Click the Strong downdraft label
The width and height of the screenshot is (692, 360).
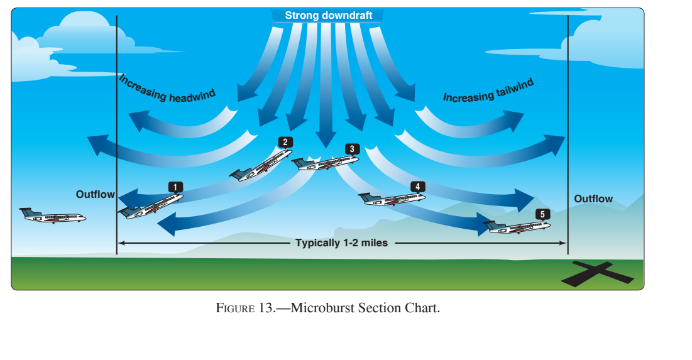[x=328, y=15]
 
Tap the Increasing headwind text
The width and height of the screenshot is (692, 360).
[x=167, y=89]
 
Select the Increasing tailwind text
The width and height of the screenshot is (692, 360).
[x=488, y=91]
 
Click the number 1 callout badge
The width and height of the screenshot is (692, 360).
[x=175, y=187]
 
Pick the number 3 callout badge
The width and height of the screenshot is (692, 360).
[x=351, y=149]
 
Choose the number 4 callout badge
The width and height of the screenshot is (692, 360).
[x=417, y=187]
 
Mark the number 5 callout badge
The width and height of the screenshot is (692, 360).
[x=542, y=214]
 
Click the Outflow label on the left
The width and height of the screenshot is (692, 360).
[x=96, y=195]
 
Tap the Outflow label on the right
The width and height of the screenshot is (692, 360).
[x=593, y=199]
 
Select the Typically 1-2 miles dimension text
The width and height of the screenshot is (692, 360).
[x=342, y=243]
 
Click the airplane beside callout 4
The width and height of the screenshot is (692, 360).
[x=391, y=199]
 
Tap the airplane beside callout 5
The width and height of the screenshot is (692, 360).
[x=516, y=226]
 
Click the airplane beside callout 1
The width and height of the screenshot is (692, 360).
[x=151, y=206]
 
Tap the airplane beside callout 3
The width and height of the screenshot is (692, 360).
[x=324, y=163]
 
